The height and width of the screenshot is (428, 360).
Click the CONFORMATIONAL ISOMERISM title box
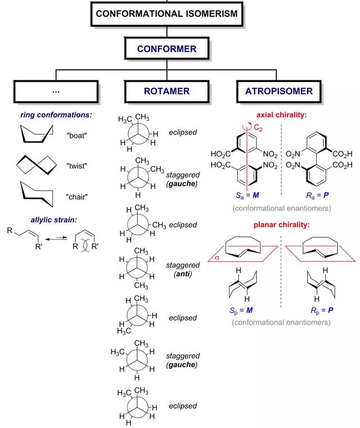[166, 14]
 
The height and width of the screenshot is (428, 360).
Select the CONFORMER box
[166, 48]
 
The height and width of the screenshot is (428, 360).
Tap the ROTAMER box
[166, 91]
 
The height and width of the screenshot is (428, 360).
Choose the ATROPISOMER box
[278, 91]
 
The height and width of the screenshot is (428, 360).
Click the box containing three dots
[56, 92]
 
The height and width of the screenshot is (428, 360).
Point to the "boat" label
[76, 136]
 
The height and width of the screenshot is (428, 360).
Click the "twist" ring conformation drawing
[37, 165]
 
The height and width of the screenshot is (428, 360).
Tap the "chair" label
[76, 197]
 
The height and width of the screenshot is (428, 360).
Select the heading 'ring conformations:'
[56, 115]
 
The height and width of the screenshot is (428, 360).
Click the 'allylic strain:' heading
[54, 220]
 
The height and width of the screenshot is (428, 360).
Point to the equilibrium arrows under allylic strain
[56, 238]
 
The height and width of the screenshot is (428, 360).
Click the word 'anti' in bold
[183, 273]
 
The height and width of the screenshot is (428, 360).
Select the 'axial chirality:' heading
[281, 115]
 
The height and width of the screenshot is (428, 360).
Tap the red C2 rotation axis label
[258, 128]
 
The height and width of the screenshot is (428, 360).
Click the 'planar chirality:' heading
[282, 224]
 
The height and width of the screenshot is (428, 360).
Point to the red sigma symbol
[217, 258]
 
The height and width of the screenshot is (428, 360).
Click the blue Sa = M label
[247, 195]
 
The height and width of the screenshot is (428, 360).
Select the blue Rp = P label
[322, 310]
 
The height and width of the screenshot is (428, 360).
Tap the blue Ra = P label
[317, 195]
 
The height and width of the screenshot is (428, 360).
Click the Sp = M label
[241, 310]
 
